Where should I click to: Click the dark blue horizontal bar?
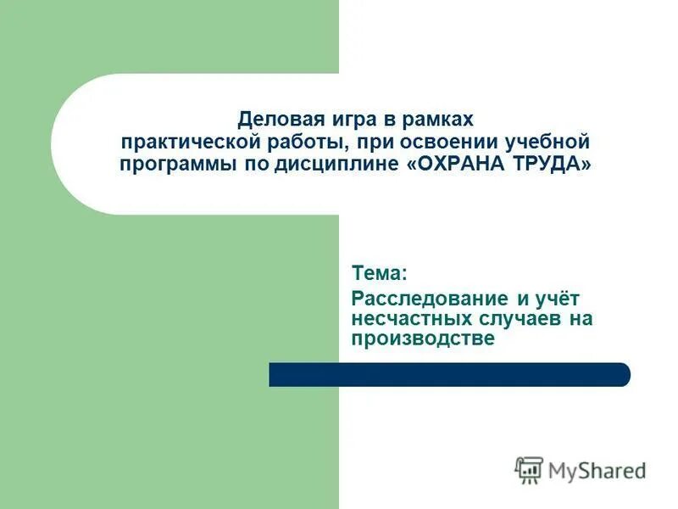[x=449, y=375]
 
